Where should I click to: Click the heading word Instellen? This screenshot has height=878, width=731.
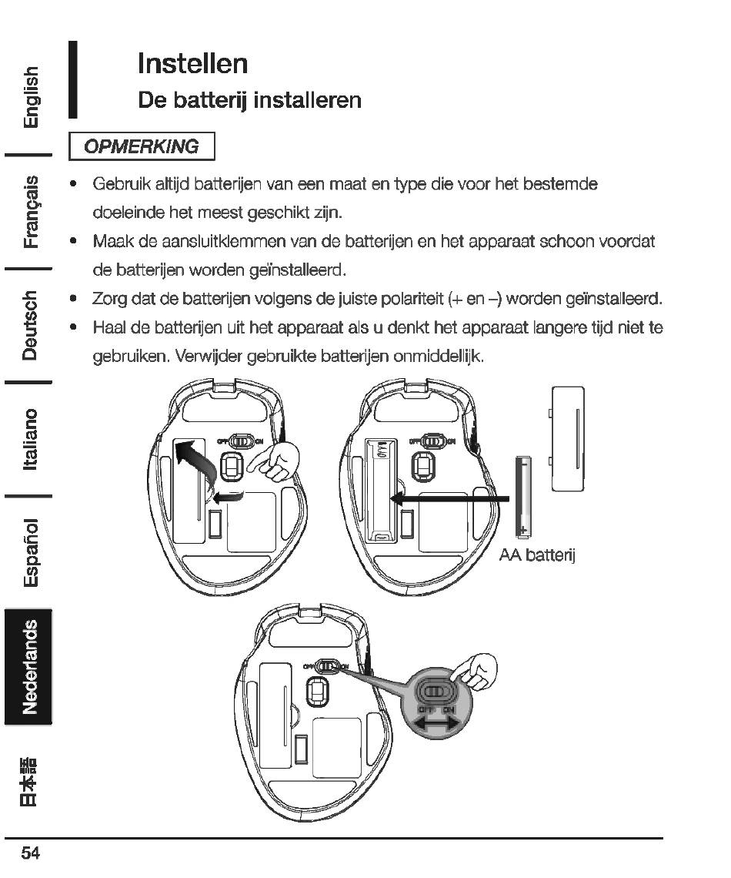192,63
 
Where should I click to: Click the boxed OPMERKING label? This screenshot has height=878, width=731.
141,146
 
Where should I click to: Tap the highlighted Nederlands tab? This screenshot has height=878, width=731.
28,666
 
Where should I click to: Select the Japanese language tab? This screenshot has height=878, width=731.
28,782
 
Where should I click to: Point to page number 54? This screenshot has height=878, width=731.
31,853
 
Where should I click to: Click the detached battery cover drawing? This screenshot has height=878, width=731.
567,438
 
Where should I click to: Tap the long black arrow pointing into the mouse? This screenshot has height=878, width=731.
450,500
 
